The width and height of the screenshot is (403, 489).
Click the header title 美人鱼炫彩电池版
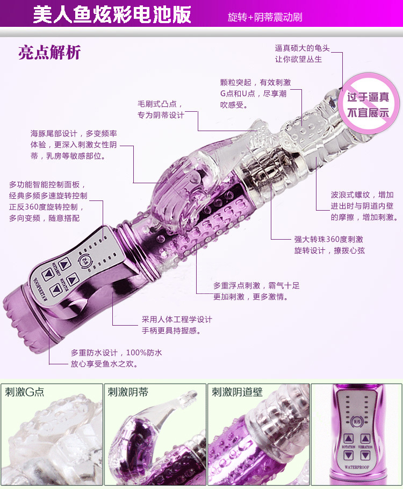pyautogui.click(x=112, y=15)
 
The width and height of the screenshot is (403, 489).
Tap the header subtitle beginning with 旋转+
pyautogui.click(x=265, y=17)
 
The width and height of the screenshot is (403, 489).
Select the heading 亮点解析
pyautogui.click(x=49, y=53)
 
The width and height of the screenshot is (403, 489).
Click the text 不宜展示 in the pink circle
pyautogui.click(x=368, y=113)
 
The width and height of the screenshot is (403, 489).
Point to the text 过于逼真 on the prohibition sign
pyautogui.click(x=368, y=97)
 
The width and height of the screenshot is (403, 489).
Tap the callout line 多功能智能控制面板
pyautogui.click(x=47, y=184)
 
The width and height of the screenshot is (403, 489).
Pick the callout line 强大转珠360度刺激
pyautogui.click(x=328, y=239)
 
